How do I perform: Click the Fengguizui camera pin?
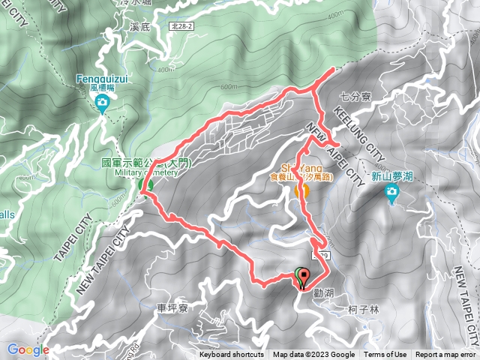(102, 103)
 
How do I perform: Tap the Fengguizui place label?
(101, 77)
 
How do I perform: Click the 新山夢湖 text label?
(391, 178)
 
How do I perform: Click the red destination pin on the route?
(304, 278)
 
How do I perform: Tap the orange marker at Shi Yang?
(302, 190)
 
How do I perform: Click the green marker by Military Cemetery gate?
(145, 184)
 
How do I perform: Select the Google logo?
(28, 349)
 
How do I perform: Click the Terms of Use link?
(385, 355)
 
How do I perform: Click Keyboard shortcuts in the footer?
(232, 355)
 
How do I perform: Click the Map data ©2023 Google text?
(313, 355)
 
